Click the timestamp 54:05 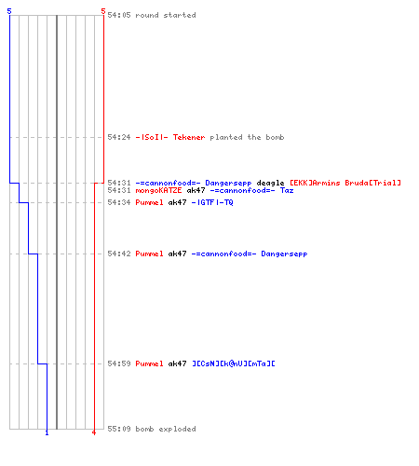click(119, 15)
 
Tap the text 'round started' click(166, 15)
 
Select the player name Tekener click(189, 137)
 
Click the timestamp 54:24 click(119, 137)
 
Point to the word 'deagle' click(270, 183)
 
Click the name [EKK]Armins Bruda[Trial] click(345, 183)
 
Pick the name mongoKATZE click(158, 190)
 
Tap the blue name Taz click(287, 190)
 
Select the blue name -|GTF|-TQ click(212, 202)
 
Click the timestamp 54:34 click(119, 202)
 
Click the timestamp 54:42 click(119, 254)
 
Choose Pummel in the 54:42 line click(149, 254)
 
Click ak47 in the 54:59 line click(177, 363)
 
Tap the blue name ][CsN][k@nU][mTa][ click(234, 363)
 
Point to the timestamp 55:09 click(119, 429)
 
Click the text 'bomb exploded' click(166, 429)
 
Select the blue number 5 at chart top click(9, 11)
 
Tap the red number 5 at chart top click(103, 11)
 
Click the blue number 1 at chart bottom click(47, 432)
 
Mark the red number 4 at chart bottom click(94, 432)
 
